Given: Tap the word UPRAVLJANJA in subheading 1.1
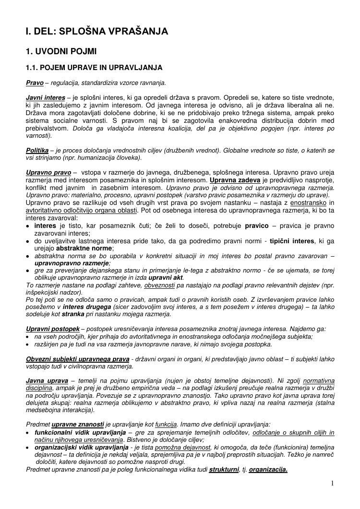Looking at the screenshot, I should click(136, 67).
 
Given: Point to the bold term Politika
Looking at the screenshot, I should click(37, 150).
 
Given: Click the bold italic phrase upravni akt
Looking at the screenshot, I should click(166, 278).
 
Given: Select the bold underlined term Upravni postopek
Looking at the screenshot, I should click(53, 329).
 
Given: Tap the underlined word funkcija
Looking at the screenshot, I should click(166, 424).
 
